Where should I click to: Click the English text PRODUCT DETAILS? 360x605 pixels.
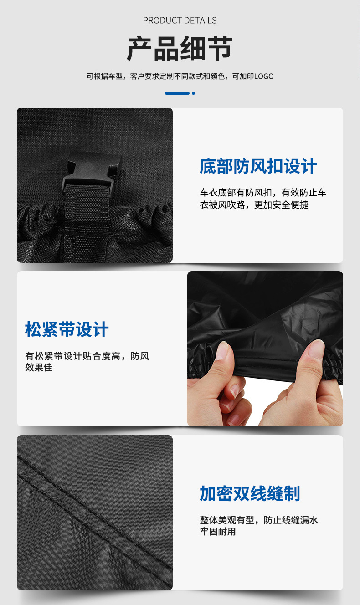point(180,20)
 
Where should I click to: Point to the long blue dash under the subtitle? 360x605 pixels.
point(177,93)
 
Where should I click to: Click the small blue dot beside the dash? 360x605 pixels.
point(193,93)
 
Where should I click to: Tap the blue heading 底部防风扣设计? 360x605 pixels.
point(258,166)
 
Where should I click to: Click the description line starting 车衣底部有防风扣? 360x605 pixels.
point(263,193)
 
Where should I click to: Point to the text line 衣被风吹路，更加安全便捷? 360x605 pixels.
point(254,205)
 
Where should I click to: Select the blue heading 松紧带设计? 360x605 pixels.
point(67,329)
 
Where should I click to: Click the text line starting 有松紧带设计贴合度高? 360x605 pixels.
point(87,356)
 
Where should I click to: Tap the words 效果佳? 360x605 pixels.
point(39,367)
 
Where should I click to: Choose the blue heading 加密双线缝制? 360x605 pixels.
point(250,493)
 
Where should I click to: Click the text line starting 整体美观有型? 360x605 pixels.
point(258,520)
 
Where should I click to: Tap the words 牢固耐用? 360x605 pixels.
point(218,531)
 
